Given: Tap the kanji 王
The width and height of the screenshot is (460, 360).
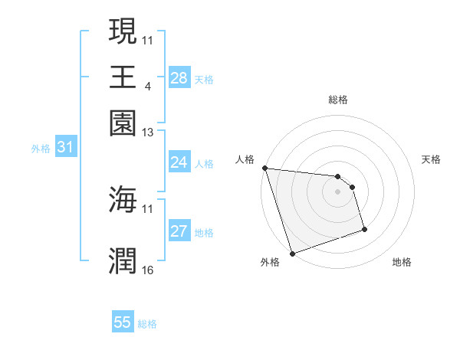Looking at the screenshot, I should coord(123,77).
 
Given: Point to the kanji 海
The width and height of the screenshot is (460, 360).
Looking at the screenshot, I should coord(123,199).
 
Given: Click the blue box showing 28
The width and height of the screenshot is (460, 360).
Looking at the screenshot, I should coord(179,78).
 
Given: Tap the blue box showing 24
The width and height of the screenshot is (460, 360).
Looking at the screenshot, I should coord(179,162).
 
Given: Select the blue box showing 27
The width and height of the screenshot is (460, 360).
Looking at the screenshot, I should coord(179,232).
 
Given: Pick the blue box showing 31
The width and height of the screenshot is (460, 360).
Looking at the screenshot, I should coord(64,148).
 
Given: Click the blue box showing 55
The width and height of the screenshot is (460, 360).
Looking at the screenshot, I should coord(123,322).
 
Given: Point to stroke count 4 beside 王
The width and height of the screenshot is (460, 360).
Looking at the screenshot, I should coord(146,86).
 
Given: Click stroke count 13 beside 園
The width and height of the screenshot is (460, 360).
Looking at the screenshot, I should coord(148,132).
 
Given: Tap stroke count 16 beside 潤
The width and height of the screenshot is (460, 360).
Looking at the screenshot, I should coord(148,270).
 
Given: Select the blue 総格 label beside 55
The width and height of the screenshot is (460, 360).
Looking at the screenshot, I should coord(147,324).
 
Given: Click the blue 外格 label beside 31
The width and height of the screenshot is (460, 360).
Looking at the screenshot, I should coord(40,149).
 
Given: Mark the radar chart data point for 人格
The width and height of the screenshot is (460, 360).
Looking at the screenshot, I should coord(264,168).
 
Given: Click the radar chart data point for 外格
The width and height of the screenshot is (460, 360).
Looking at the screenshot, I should coord(292,254).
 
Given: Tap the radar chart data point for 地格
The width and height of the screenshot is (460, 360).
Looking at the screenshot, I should coord(364,229).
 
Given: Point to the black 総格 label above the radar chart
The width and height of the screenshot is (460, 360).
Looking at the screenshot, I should coord(337,100).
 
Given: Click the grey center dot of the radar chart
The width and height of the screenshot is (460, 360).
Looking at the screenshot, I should coord(337,191).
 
